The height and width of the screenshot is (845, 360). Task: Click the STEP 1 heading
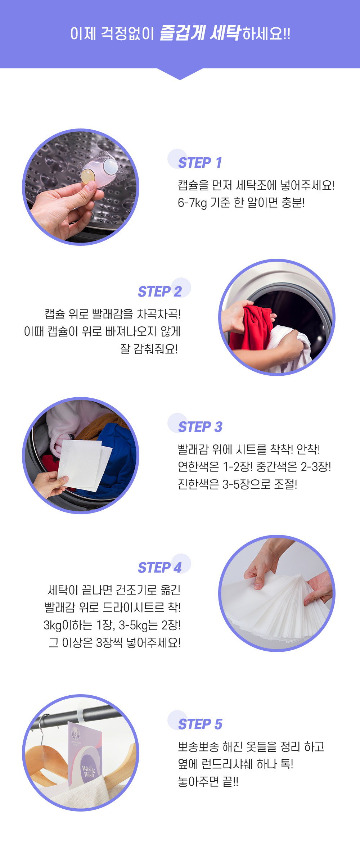tap(200, 163)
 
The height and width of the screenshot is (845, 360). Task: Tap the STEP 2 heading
tap(160, 292)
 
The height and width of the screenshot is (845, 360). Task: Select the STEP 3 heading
tap(201, 427)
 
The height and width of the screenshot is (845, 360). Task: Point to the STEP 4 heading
tap(160, 568)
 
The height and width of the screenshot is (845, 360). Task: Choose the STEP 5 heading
tap(201, 724)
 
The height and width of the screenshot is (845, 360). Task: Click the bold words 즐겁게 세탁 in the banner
tap(199, 33)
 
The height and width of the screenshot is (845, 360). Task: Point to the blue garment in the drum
tap(115, 457)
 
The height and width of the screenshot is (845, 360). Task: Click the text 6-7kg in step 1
tap(192, 203)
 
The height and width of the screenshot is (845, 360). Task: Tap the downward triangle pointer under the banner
tap(180, 74)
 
